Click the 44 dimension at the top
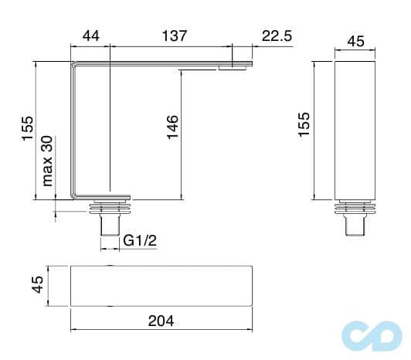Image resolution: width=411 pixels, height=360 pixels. pos(91,36)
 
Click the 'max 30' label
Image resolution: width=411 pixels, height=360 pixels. pos(48,161)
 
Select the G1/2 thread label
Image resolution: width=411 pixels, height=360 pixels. pos(140,241)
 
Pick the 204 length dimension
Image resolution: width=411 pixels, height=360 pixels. pos(160,320)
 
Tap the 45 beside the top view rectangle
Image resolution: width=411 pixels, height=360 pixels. pos(36,286)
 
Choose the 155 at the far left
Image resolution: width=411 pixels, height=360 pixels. pos(27,128)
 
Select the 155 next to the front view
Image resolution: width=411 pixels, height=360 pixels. pos(304,124)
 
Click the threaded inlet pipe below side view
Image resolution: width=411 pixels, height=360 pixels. pos(108,225)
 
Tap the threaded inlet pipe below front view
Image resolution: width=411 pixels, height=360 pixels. pos(355,225)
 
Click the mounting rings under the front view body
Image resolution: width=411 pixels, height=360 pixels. pos(355,207)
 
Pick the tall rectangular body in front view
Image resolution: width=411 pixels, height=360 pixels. pos(355,130)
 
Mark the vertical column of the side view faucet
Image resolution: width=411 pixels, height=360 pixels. pos(74,131)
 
